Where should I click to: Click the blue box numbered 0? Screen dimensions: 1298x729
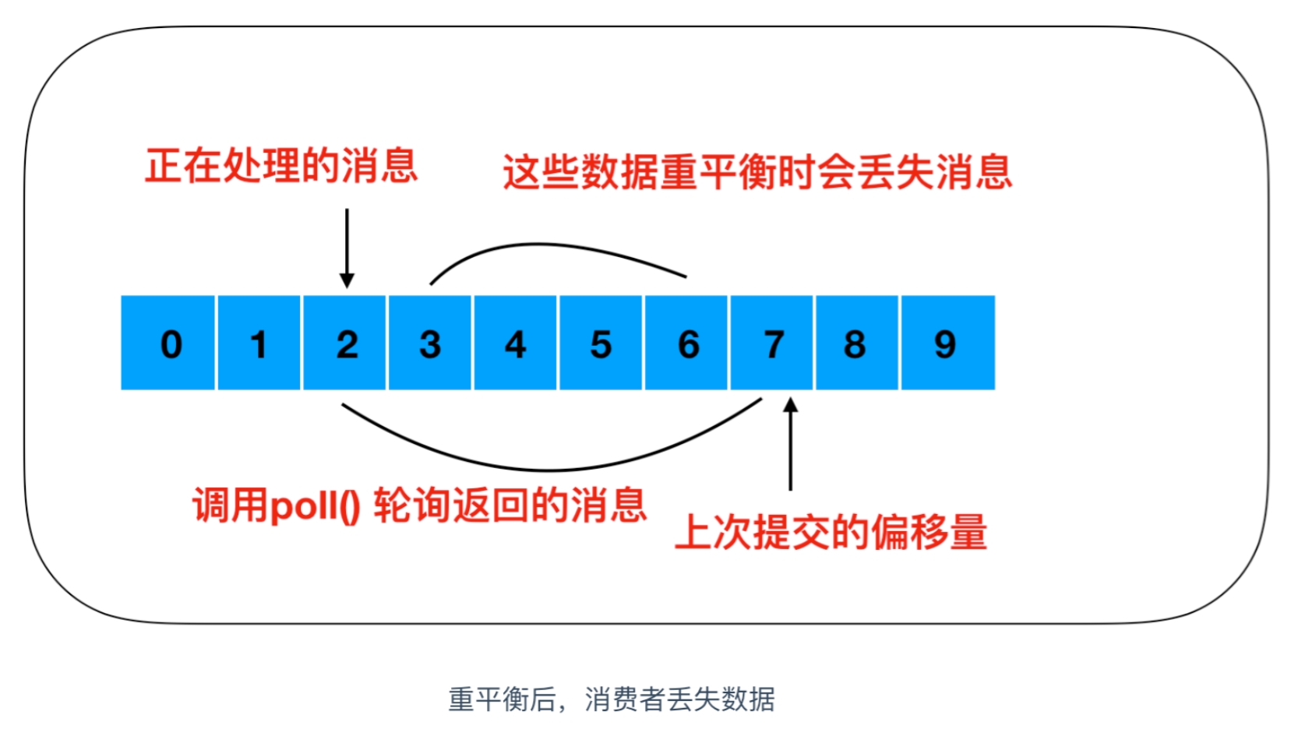click(168, 343)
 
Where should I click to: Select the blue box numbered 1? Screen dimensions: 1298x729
click(259, 343)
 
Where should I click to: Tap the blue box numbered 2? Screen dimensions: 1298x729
click(344, 343)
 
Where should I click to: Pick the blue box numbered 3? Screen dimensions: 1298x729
click(430, 343)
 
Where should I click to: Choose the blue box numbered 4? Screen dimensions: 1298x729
click(515, 343)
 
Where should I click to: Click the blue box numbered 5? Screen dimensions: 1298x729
click(601, 343)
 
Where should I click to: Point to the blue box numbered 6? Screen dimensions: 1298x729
click(686, 343)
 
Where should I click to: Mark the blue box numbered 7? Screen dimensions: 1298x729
click(772, 343)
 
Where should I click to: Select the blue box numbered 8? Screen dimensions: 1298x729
click(857, 343)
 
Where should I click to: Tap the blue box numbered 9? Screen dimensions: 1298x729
click(949, 343)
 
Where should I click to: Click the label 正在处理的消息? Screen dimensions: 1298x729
click(281, 166)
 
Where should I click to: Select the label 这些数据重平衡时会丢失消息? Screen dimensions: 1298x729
click(758, 171)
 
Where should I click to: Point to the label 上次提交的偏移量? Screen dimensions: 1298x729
click(831, 532)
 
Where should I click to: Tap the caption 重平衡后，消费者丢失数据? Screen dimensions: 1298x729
click(612, 699)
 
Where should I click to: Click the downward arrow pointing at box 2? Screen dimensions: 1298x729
click(347, 248)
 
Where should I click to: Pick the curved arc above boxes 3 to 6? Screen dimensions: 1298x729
click(545, 245)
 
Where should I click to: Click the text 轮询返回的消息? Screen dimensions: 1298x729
click(510, 505)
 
